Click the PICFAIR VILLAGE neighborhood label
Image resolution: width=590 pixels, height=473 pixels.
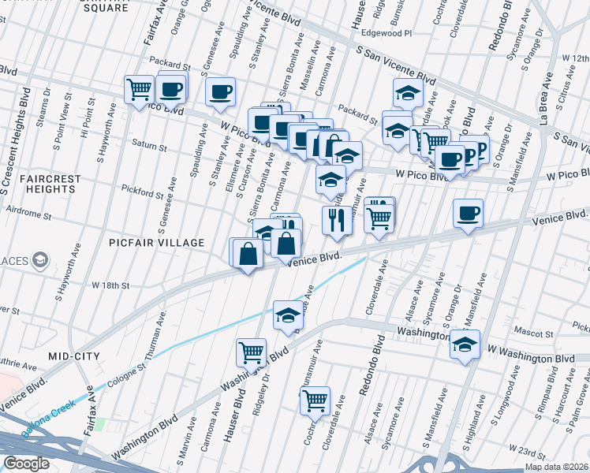click(x=157, y=243)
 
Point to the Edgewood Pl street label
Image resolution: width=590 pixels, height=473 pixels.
click(x=386, y=34)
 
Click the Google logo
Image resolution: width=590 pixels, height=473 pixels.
click(x=27, y=464)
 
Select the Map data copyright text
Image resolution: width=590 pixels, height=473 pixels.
click(x=557, y=467)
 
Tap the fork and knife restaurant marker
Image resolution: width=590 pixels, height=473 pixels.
click(x=337, y=220)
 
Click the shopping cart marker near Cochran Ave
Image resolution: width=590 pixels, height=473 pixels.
click(x=315, y=400)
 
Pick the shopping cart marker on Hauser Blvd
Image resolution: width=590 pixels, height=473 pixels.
click(x=251, y=352)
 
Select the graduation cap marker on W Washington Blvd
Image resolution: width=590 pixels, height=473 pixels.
click(x=465, y=345)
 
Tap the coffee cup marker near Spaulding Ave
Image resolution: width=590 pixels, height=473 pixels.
click(x=221, y=91)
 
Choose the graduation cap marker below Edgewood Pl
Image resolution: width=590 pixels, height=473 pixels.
click(x=407, y=93)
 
